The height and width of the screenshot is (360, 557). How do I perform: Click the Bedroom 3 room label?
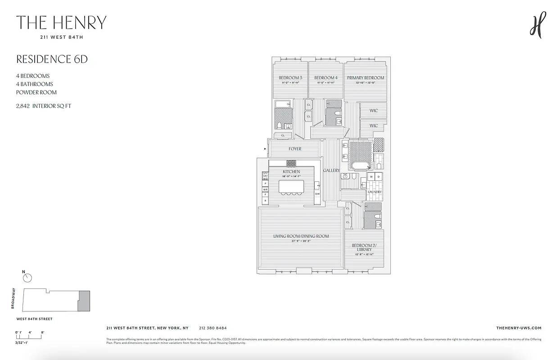click(290, 78)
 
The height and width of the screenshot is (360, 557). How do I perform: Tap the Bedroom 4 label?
click(326, 78)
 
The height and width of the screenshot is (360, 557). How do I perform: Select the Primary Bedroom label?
click(365, 78)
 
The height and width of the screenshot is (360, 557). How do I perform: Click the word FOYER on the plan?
click(295, 149)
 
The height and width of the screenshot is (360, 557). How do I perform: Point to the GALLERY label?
click(331, 171)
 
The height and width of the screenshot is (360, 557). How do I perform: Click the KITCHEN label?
click(291, 172)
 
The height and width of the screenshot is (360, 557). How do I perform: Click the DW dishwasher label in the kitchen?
click(317, 194)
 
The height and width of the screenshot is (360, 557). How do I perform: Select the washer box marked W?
click(371, 177)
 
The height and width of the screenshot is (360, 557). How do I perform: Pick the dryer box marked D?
click(378, 177)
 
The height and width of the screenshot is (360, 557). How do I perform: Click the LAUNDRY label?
click(375, 192)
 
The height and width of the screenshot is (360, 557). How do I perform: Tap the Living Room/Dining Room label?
click(301, 236)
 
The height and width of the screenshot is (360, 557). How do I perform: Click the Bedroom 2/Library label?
click(364, 247)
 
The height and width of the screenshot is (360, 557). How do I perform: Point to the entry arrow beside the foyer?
click(265, 148)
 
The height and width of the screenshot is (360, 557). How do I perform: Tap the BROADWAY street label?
click(14, 298)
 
